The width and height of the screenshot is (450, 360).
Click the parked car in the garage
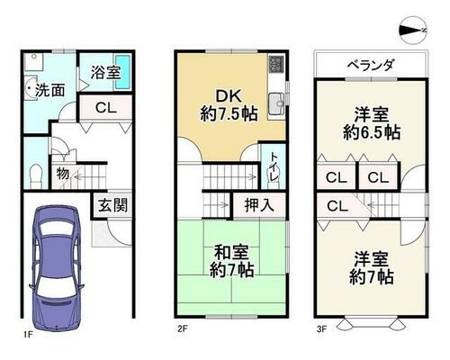(x=57, y=267)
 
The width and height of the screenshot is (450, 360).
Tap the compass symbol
(x=413, y=31)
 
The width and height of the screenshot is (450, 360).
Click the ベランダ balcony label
(x=371, y=65)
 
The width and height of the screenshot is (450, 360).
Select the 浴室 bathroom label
(x=105, y=72)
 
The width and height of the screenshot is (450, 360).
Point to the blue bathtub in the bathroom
(x=123, y=72)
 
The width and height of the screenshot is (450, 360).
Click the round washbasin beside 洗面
(x=31, y=88)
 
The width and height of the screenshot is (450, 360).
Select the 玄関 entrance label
(x=112, y=205)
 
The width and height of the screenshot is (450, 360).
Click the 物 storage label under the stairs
(x=63, y=173)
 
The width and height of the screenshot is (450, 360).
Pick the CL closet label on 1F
(x=106, y=108)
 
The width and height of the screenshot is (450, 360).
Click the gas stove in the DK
(x=276, y=65)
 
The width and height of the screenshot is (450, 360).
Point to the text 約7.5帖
(x=229, y=113)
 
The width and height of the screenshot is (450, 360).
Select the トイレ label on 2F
(x=274, y=166)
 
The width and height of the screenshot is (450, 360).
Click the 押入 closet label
(x=259, y=205)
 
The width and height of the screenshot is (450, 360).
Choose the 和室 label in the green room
(x=231, y=253)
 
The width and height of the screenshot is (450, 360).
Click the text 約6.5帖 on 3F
(x=372, y=131)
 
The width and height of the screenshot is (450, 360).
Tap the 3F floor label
(x=321, y=329)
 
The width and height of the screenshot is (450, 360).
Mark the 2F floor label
(x=182, y=329)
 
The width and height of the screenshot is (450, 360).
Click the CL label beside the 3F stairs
(x=337, y=206)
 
